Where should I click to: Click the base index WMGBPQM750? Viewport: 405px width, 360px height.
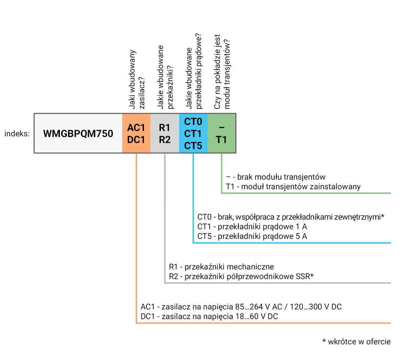point(78,134)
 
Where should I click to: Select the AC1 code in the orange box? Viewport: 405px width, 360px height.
point(136,128)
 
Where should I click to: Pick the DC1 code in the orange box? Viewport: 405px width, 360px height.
point(136,140)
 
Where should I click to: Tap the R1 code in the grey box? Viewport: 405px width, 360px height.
point(164,128)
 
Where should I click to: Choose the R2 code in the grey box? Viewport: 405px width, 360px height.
point(164,140)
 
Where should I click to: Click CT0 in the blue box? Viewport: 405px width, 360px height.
point(193,122)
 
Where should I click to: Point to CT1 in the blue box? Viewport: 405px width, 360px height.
point(193,133)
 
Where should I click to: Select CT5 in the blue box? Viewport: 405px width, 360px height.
point(193,145)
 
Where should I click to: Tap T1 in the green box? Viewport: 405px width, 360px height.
point(221,140)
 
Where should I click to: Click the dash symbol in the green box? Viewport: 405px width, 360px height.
point(221,127)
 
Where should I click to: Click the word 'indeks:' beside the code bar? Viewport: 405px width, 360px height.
point(17,133)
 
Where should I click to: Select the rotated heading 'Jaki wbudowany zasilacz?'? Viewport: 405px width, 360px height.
point(137,79)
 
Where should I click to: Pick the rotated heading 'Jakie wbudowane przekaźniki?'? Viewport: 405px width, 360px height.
point(165,77)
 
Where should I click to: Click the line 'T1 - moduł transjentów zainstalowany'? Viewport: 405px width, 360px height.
point(293,186)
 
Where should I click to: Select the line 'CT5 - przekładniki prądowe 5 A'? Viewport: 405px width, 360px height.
point(252,236)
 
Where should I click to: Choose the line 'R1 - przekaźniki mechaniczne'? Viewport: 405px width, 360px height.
point(221,267)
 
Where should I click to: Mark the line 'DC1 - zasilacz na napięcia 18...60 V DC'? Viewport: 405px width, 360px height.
point(209,316)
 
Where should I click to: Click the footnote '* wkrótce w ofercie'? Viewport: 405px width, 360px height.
point(356,342)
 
